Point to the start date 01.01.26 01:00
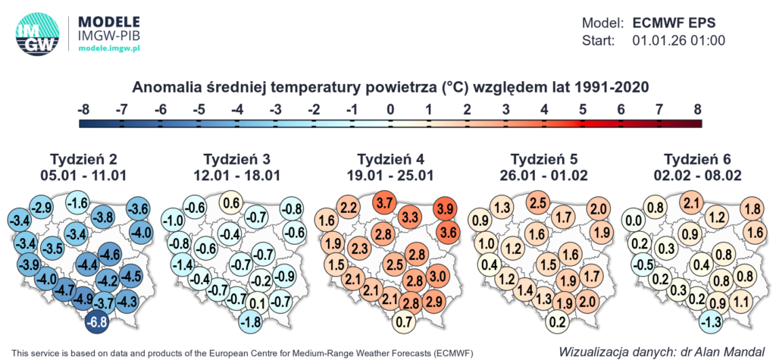(x=679, y=40)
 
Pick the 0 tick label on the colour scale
(x=390, y=110)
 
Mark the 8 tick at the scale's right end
(x=697, y=110)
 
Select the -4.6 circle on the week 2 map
(x=111, y=253)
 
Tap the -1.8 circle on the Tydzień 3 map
(x=252, y=321)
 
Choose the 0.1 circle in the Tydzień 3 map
(x=258, y=305)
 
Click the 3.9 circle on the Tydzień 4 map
(x=446, y=209)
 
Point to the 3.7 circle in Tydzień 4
(x=384, y=202)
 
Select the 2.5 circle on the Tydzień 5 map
(x=538, y=202)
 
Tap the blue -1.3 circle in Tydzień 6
(x=712, y=321)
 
